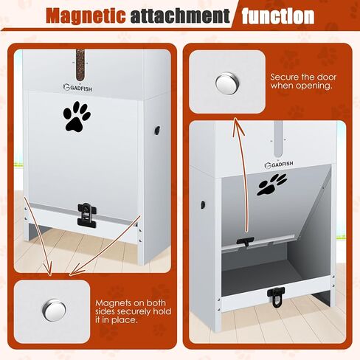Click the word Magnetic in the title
tap(86, 15)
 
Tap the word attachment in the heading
tap(180, 15)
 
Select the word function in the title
tap(278, 16)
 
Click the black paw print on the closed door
tap(77, 117)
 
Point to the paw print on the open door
tap(271, 184)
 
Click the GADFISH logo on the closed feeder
tap(77, 88)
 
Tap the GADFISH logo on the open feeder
tap(279, 165)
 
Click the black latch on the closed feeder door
tap(87, 215)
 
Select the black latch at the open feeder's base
tap(276, 297)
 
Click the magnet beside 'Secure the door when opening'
tap(227, 82)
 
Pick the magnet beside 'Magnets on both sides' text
tap(54, 310)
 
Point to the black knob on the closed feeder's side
tap(157, 130)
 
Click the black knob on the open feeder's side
tap(203, 204)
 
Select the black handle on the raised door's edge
tap(245, 241)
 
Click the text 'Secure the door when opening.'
tap(303, 81)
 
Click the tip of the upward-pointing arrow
tap(235, 118)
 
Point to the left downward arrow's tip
tap(51, 275)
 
